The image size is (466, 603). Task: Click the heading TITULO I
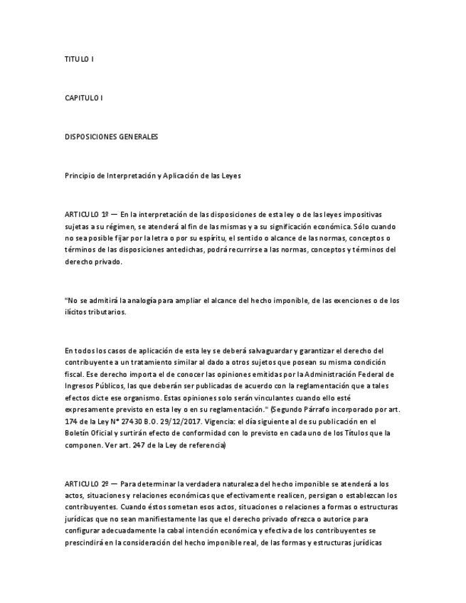[x=79, y=60]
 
